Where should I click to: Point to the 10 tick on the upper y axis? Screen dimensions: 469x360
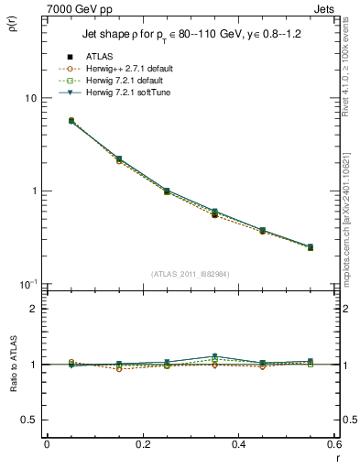(30, 98)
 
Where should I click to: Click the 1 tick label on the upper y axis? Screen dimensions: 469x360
(34, 191)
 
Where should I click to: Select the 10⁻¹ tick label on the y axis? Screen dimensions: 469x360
(29, 284)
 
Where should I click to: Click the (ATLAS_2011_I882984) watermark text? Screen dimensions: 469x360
(191, 273)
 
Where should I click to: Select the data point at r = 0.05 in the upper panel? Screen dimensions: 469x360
(71, 120)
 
